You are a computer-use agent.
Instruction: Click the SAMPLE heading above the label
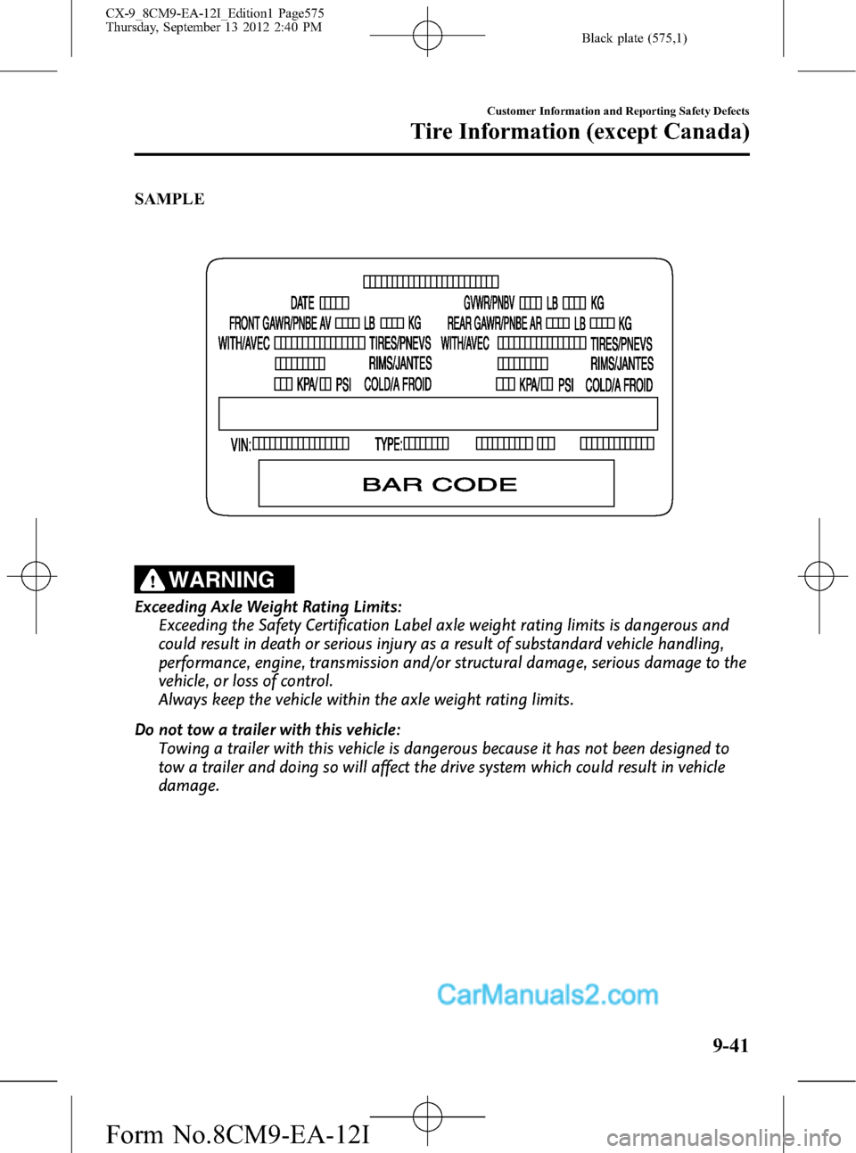coord(169,199)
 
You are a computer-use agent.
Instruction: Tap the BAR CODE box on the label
coord(436,483)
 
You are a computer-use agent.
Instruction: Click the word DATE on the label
coord(302,303)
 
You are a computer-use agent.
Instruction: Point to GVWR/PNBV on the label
coord(489,303)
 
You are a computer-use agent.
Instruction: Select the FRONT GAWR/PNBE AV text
coord(280,324)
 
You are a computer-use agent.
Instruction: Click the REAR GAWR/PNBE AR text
coord(494,324)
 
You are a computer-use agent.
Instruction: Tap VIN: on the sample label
coord(241,444)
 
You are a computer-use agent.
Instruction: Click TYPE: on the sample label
coord(388,444)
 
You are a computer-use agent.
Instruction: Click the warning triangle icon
coord(152,581)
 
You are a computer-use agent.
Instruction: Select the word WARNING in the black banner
coord(222,580)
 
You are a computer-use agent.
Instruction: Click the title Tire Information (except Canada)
coord(580,132)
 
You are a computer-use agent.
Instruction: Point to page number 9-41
coord(730,1045)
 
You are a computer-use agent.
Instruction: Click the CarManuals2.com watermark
coord(547,994)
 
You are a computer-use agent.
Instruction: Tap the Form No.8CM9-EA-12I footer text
coord(237,1134)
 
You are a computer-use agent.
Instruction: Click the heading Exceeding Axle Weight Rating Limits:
coord(268,606)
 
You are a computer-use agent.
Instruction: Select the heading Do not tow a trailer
coord(267,729)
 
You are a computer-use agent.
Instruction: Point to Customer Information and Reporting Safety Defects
coord(618,111)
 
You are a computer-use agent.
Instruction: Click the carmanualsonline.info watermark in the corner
coord(723,1138)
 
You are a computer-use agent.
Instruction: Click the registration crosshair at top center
coord(427,36)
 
